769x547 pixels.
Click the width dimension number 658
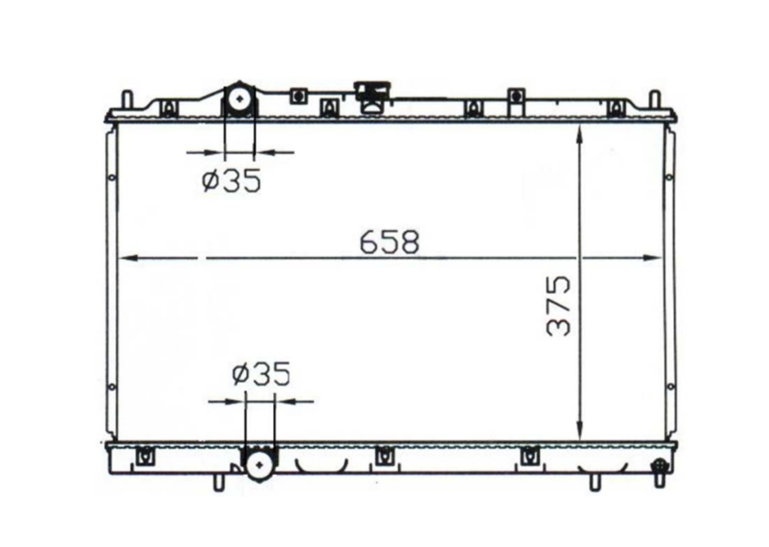[x=390, y=241]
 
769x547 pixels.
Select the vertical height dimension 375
[x=560, y=306]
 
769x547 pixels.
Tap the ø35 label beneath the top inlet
[x=231, y=180]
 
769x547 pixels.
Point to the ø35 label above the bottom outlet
[x=261, y=375]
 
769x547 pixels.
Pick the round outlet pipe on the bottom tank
[x=260, y=466]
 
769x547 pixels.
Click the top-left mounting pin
[x=127, y=100]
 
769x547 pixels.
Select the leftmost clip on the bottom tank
[x=146, y=454]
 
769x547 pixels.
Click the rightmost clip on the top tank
[x=614, y=108]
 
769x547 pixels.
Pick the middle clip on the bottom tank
[x=382, y=455]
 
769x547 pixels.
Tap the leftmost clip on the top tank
[x=169, y=108]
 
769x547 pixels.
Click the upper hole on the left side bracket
[x=111, y=176]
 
